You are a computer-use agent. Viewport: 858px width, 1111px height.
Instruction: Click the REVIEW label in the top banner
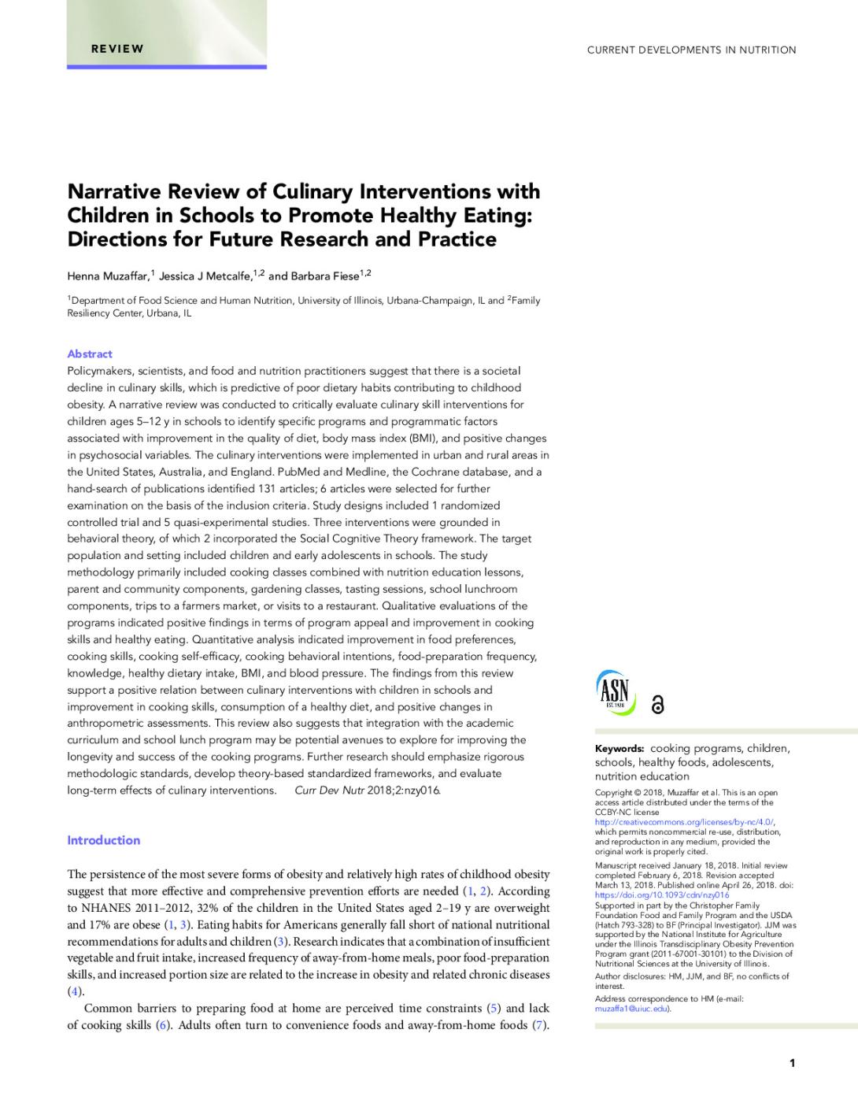coord(117,49)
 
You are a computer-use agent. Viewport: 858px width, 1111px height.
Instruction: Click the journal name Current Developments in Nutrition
coord(691,50)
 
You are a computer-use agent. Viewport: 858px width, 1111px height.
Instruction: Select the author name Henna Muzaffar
coord(108,276)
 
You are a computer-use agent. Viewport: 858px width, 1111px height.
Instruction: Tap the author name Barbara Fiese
coord(325,276)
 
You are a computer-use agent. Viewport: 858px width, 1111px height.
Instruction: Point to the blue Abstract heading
coord(90,354)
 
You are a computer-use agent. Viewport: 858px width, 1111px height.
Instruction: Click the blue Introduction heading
coord(103,840)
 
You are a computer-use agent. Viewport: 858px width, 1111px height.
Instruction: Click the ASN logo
coord(615,691)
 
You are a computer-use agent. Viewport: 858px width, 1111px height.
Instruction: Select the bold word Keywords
coord(619,749)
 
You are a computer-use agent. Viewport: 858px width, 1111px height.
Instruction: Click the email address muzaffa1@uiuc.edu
coord(631,1009)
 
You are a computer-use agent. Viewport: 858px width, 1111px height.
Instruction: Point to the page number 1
coord(792,1063)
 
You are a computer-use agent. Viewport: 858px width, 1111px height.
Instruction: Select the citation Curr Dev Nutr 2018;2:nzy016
coord(367,790)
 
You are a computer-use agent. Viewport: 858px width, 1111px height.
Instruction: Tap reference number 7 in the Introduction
coord(539,1025)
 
